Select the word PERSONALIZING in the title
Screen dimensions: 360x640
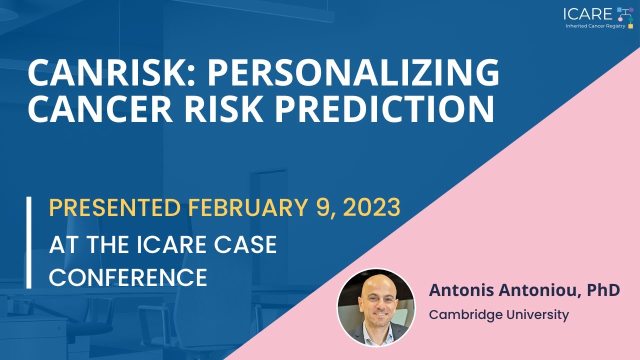coord(353,73)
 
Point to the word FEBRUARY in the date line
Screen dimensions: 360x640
coord(251,208)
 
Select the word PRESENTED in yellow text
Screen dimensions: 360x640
coord(114,208)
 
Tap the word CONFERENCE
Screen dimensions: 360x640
coord(128,277)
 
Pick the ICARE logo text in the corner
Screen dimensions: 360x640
coord(587,14)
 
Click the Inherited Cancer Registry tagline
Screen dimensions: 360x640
coord(595,26)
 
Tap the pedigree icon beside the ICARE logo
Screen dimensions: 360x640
coord(626,16)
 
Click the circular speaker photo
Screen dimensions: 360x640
coord(376,307)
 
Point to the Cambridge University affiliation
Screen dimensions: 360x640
coord(498,315)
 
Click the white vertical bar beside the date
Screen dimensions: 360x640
coord(29,242)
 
